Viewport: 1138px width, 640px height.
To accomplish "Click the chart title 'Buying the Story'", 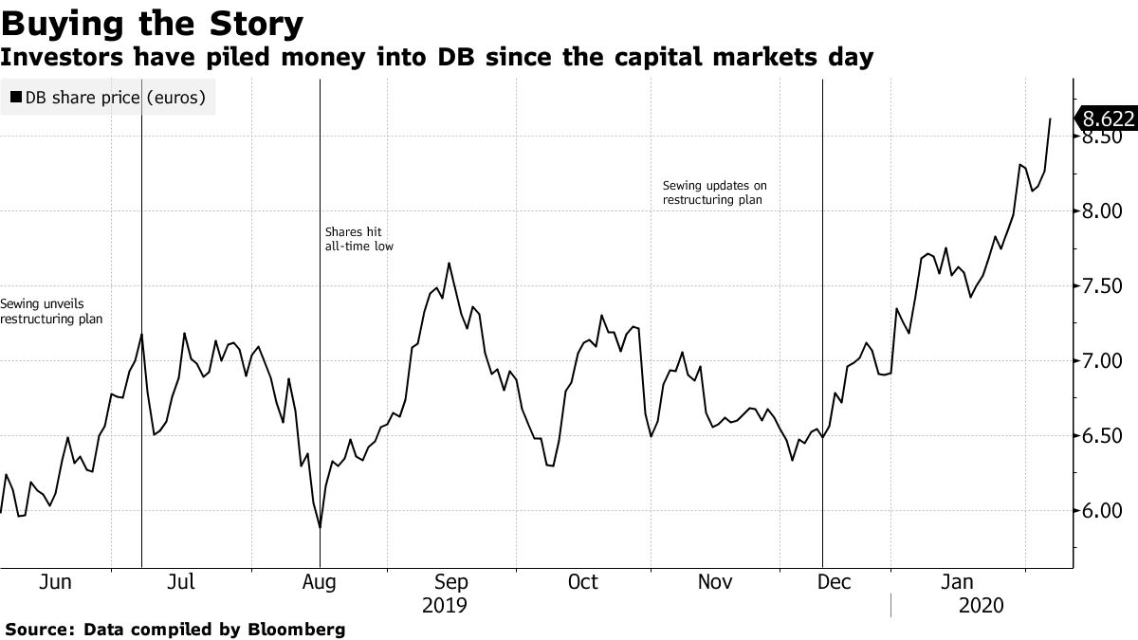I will click(153, 22).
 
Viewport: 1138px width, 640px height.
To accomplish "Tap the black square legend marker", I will click(16, 97).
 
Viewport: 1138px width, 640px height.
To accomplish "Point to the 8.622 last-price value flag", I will click(1106, 119).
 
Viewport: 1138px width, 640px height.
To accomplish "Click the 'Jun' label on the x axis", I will click(55, 582).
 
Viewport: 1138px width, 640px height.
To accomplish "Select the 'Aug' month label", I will click(320, 582).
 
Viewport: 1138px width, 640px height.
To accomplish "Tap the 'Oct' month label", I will click(582, 582).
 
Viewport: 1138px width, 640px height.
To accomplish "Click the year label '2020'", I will click(982, 605).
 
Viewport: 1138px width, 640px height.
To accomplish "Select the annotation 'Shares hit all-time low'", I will click(358, 239).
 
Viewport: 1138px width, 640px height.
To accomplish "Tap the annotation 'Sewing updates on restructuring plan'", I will click(714, 193).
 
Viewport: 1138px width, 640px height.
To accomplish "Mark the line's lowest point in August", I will click(321, 528).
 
